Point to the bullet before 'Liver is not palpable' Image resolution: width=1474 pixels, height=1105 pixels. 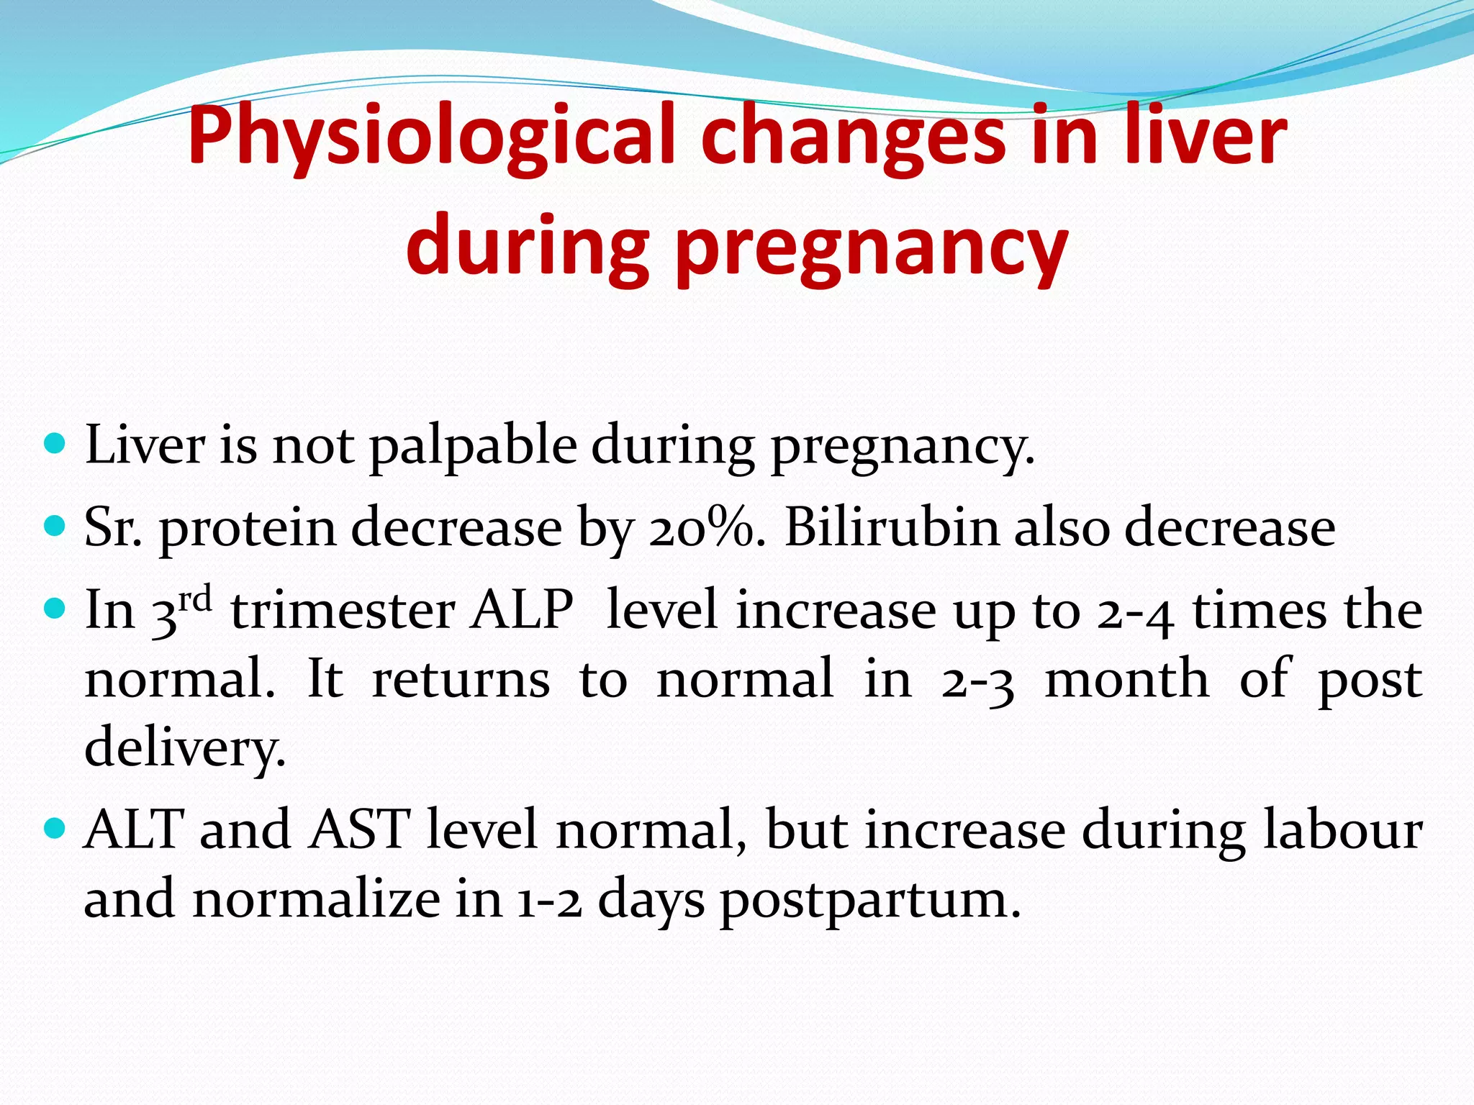click(x=55, y=441)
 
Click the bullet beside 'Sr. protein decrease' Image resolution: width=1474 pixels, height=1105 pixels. click(x=55, y=524)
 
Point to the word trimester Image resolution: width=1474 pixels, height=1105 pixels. click(x=343, y=610)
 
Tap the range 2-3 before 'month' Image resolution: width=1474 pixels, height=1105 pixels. click(x=977, y=680)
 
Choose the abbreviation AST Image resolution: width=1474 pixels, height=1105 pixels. click(x=359, y=829)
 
